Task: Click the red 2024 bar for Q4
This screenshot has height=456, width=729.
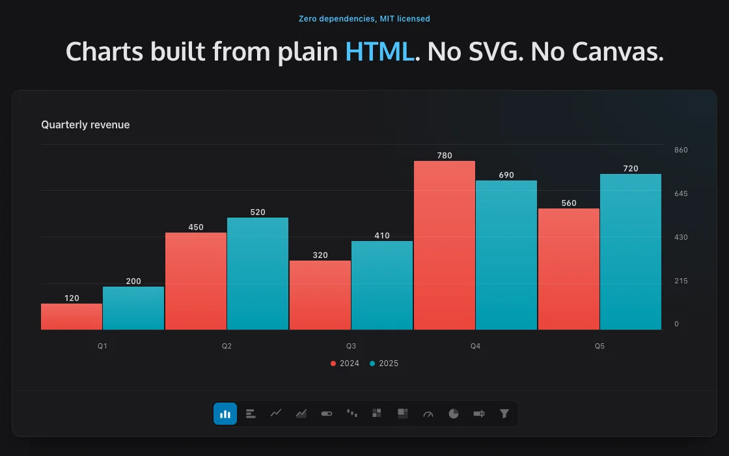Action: pos(445,245)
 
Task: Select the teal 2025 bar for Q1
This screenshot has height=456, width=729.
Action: pos(133,308)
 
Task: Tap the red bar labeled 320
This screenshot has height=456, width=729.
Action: pos(320,295)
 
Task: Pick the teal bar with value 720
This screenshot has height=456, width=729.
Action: pos(631,251)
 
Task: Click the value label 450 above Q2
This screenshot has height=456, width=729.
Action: pos(196,227)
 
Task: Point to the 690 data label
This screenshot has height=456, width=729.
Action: pos(506,175)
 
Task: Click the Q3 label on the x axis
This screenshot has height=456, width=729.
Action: pos(351,346)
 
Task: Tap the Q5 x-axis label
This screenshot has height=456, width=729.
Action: pos(599,346)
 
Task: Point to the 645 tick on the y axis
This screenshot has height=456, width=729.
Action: pos(681,193)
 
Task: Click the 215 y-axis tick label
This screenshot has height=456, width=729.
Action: pos(681,281)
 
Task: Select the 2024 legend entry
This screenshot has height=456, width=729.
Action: pos(345,363)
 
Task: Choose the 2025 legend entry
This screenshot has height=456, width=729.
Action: pos(384,363)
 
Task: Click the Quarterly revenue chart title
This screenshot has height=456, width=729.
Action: pos(85,124)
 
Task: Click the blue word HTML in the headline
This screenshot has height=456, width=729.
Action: pos(379,51)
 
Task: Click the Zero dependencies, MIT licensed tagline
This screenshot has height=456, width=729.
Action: pos(364,19)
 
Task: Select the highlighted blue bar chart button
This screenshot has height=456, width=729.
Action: pos(225,414)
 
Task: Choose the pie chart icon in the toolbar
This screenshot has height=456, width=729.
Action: pos(453,414)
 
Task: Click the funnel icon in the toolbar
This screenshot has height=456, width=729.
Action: pos(504,414)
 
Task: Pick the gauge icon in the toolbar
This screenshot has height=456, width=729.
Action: pos(428,414)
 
